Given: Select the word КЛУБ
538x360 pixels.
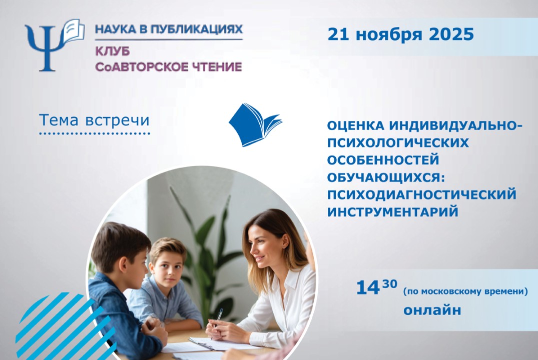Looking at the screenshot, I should click(x=108, y=51).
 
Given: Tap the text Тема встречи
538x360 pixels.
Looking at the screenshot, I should click(x=94, y=120).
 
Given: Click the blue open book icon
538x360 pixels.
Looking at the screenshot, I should click(x=254, y=124).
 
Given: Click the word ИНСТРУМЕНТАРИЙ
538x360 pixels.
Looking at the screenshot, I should click(x=393, y=211).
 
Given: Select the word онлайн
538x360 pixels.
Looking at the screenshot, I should click(x=432, y=310).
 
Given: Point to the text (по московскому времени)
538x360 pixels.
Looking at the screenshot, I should click(x=465, y=291).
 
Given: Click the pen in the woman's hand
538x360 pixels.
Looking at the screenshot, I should click(x=218, y=317).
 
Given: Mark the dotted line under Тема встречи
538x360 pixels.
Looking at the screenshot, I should click(x=95, y=134).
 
